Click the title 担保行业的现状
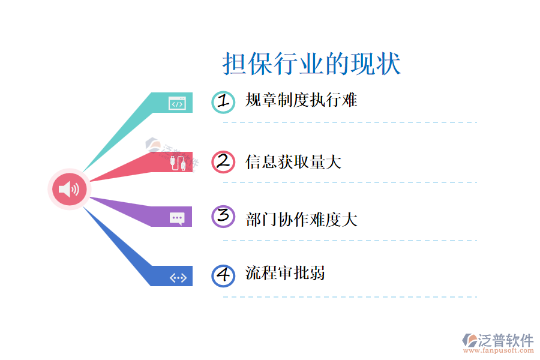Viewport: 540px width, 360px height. pyautogui.click(x=311, y=64)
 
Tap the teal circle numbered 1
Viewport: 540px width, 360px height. pyautogui.click(x=223, y=102)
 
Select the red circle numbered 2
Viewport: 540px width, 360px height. pyautogui.click(x=223, y=161)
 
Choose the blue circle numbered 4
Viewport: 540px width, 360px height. pyautogui.click(x=223, y=275)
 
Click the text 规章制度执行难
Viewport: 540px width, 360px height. pyautogui.click(x=301, y=100)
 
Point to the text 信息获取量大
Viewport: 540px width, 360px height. pyautogui.click(x=293, y=161)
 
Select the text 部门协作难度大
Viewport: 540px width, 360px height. pyautogui.click(x=301, y=219)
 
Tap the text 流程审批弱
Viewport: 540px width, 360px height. pyautogui.click(x=286, y=274)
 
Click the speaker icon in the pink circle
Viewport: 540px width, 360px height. pyautogui.click(x=69, y=190)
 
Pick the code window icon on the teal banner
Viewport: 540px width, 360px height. pyautogui.click(x=177, y=103)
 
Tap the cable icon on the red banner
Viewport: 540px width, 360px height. pyautogui.click(x=177, y=163)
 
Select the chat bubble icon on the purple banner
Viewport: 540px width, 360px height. pyautogui.click(x=177, y=218)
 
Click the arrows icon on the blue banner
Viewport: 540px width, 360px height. pyautogui.click(x=178, y=277)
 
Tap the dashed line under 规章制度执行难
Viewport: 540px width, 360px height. pyautogui.click(x=350, y=122)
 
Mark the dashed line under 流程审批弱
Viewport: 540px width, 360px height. pyautogui.click(x=350, y=296)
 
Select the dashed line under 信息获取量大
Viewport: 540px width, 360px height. pyautogui.click(x=350, y=182)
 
